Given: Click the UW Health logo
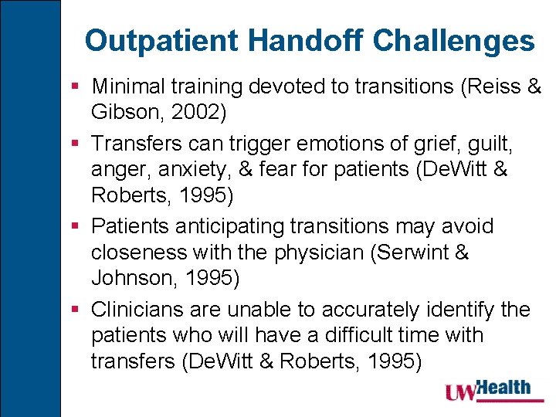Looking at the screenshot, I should [488, 391].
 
